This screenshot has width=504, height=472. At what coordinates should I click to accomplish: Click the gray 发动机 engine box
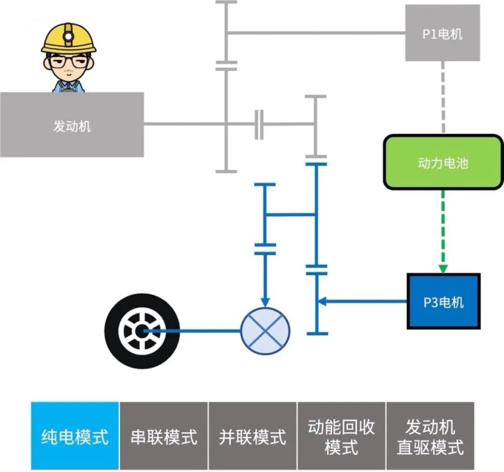point(72,125)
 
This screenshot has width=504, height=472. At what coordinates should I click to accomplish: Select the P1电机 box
point(442,33)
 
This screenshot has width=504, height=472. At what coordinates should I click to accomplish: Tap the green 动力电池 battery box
point(443,162)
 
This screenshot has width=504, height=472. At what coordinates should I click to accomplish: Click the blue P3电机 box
point(443,301)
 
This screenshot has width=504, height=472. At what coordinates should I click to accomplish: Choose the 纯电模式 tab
point(75,436)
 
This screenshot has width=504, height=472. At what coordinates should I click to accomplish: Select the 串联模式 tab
point(164,436)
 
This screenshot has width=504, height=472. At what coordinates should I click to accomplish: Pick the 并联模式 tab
point(252,436)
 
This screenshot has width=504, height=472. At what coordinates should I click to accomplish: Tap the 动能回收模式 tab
point(341,436)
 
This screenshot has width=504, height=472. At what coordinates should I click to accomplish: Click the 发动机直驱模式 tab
point(430,436)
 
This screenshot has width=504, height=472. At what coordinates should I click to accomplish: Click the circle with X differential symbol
point(265,330)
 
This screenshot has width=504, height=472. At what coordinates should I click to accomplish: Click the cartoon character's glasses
point(69,61)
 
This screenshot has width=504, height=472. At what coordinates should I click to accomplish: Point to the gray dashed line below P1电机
point(443,98)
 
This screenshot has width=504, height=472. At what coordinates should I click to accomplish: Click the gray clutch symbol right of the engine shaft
point(259,125)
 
